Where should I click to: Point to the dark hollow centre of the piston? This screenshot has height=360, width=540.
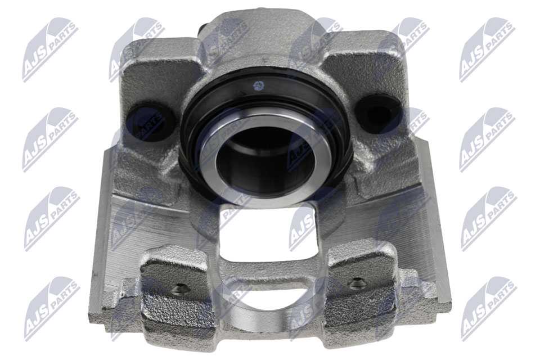click(264, 160)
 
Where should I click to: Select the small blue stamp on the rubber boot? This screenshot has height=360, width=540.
click(258, 85)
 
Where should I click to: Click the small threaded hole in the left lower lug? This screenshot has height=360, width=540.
click(180, 289)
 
